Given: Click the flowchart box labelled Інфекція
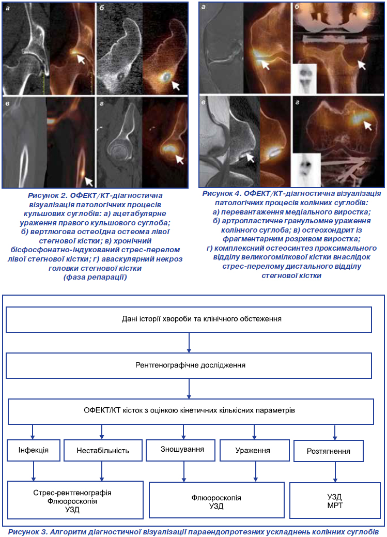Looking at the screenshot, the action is tap(34, 450).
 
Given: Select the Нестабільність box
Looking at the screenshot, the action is tap(103, 450).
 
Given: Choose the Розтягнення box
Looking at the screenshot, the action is tap(329, 451).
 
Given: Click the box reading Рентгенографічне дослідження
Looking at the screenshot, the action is tap(189, 365).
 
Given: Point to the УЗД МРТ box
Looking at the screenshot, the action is tap(335, 500).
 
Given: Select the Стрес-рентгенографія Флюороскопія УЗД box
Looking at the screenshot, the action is tap(75, 500).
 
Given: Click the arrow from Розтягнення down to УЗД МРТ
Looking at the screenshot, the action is tap(335, 472).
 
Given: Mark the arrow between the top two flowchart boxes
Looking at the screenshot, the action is tap(189, 343).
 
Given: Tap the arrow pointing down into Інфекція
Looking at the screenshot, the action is tap(33, 432).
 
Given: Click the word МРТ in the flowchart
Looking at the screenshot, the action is tap(335, 505).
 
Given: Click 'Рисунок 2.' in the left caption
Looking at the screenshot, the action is tap(48, 195).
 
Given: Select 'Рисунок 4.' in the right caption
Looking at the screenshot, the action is tap(222, 193).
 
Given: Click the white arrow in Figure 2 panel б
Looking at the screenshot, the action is tap(175, 85).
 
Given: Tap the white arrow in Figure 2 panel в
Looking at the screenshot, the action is tap(89, 181).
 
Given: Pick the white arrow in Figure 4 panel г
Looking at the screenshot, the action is tap(367, 126).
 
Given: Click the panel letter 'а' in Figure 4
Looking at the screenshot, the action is tap(204, 7).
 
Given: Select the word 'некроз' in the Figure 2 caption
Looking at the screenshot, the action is tap(171, 259).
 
